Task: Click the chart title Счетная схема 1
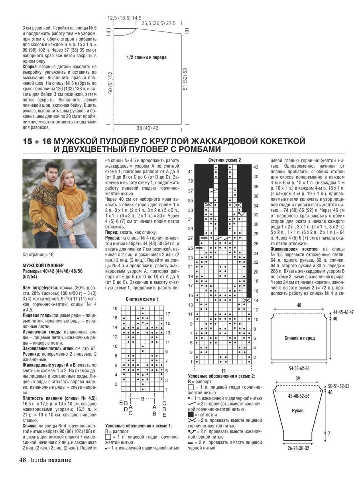(x=142, y=299)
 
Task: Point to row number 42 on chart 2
(x=256, y=167)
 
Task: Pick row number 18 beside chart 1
(x=115, y=309)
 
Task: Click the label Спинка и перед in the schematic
(x=299, y=338)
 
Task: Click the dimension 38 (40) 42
(x=148, y=128)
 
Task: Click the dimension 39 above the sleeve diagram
(x=298, y=379)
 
